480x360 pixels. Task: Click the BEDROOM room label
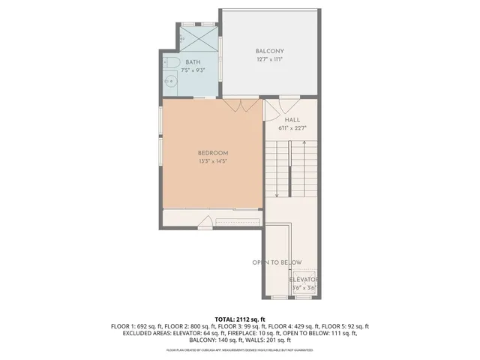click(x=213, y=153)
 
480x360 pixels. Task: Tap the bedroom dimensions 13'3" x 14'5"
click(x=213, y=161)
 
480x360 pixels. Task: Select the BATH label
click(x=193, y=62)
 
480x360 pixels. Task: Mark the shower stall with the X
click(x=199, y=37)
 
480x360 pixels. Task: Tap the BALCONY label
click(x=269, y=51)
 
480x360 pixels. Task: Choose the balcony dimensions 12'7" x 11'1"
click(x=269, y=59)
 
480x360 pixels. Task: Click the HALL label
click(x=292, y=120)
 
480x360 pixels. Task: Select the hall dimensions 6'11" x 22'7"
click(x=292, y=128)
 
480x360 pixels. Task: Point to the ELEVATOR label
click(x=304, y=279)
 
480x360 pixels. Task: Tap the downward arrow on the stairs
click(x=277, y=193)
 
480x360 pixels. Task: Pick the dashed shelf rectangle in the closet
click(x=235, y=220)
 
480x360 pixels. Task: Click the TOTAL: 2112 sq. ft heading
click(x=240, y=319)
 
